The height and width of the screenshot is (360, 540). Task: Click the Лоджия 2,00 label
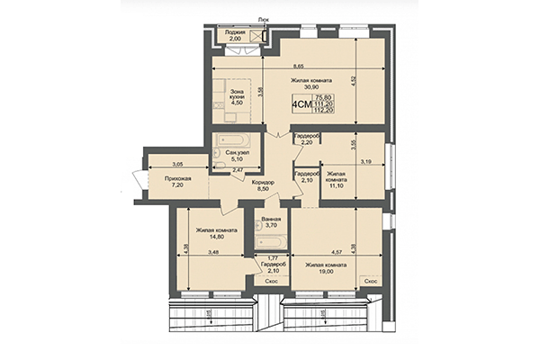pyautogui.click(x=235, y=34)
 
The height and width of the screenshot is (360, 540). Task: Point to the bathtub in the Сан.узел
pyautogui.click(x=237, y=142)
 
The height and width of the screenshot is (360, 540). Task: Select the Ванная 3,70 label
pyautogui.click(x=270, y=223)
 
